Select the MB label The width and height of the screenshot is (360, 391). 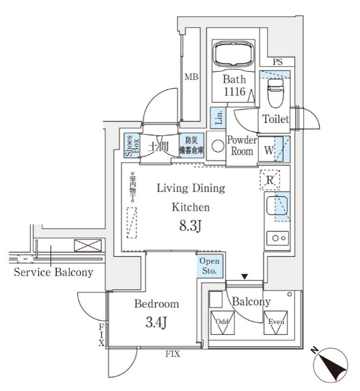191,77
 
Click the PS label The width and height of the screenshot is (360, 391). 277,63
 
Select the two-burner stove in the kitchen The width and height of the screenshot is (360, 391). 276,239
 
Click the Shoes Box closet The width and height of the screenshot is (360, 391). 130,145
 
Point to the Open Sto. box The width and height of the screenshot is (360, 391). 210,266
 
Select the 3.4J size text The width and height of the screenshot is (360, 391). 156,323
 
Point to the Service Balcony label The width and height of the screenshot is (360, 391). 53,271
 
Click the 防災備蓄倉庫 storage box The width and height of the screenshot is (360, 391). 191,146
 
